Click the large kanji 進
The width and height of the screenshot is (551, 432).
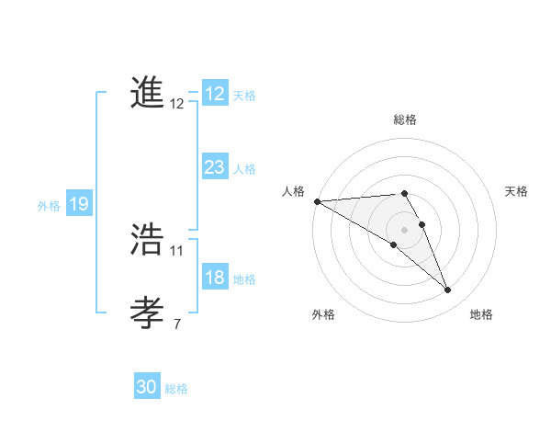click(147, 93)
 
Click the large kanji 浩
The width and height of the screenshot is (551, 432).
click(147, 239)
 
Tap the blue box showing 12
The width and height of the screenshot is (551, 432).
click(214, 94)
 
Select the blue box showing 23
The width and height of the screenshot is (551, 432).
click(214, 167)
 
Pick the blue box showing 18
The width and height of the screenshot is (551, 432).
click(214, 278)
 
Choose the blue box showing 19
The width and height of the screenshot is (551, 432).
click(78, 204)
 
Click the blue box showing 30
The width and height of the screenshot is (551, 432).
click(147, 387)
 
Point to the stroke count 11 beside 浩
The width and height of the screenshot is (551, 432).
click(177, 250)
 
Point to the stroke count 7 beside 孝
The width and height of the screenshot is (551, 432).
click(177, 324)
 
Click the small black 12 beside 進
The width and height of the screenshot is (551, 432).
click(177, 104)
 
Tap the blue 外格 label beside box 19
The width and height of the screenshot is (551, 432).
click(49, 206)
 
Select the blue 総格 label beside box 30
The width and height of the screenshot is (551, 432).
click(176, 389)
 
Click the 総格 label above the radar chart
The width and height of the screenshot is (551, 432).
click(405, 119)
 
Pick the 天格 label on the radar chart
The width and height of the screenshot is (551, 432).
click(516, 191)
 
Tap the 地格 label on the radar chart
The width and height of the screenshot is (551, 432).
click(481, 314)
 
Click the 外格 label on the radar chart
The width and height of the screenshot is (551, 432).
click(323, 314)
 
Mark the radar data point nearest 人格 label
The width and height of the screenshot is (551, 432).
click(317, 200)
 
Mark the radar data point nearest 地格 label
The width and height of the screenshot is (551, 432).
click(447, 290)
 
